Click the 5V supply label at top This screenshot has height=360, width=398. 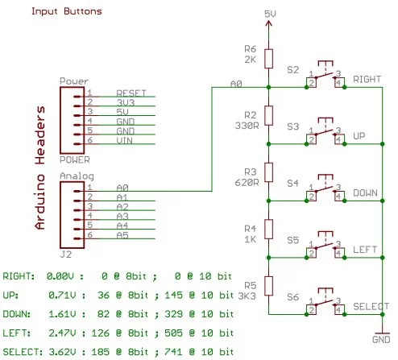click(271, 14)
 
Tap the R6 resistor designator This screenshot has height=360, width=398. click(249, 49)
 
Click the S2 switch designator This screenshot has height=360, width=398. click(293, 70)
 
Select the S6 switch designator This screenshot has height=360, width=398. click(293, 296)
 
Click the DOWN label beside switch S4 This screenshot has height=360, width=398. click(366, 194)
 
